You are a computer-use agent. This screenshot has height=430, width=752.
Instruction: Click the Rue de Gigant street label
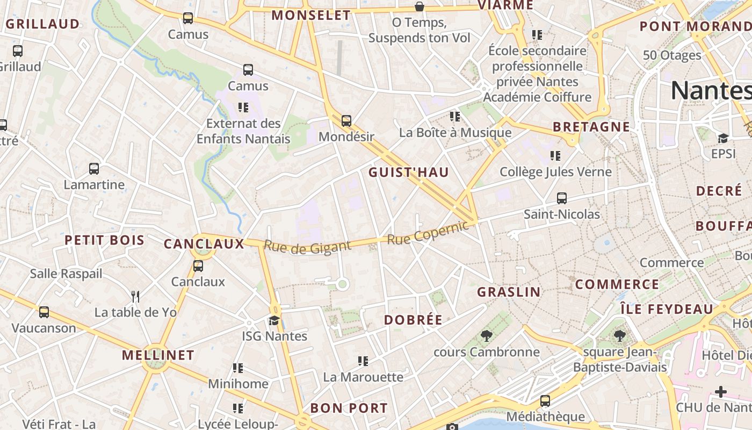pos(307,247)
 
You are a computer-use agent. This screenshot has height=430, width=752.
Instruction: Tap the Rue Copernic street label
pos(428,233)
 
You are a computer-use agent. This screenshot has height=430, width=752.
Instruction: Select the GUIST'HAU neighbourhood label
pos(409,173)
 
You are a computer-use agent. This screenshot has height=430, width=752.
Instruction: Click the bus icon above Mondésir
pos(346,121)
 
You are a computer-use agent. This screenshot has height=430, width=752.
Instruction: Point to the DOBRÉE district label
pos(413,320)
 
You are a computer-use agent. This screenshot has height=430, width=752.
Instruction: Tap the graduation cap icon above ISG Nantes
pos(274,321)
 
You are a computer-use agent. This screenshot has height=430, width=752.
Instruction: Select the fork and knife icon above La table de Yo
pos(135,296)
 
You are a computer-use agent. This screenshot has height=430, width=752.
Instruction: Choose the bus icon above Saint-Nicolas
pos(562,198)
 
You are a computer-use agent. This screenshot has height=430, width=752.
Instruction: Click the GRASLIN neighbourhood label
pos(509,292)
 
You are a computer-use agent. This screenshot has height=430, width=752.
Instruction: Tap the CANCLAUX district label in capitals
pos(204,244)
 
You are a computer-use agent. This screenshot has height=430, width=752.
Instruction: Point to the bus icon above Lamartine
pos(94,169)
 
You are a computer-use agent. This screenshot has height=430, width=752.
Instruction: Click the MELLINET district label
pos(158,355)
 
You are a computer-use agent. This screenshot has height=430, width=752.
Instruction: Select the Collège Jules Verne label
pos(555,172)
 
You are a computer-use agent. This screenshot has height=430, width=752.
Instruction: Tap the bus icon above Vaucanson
pos(44,312)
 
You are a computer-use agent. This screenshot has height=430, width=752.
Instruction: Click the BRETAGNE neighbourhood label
pos(591,127)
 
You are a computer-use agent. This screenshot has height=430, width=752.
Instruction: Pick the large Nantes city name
pos(711,90)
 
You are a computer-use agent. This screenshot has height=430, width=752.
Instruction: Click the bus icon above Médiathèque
pos(545,401)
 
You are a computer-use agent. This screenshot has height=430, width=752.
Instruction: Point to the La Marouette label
pos(363,377)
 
